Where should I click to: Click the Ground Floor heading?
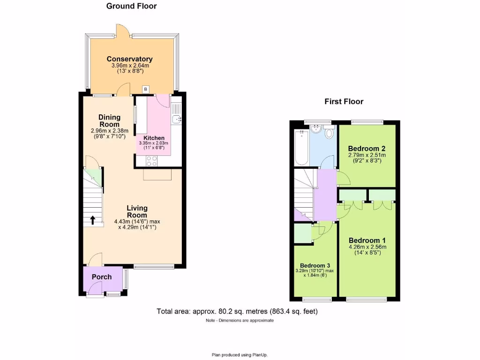click(x=131, y=6)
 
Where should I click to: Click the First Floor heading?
click(x=344, y=101)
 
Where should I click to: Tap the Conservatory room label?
click(x=129, y=59)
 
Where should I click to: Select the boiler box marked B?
click(x=145, y=89)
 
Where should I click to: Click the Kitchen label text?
click(x=154, y=138)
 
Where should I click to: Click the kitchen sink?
click(x=176, y=120)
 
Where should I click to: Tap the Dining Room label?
click(x=109, y=120)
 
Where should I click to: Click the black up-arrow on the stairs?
click(x=92, y=220)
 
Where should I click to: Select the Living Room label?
click(x=136, y=211)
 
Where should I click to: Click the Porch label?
click(x=102, y=277)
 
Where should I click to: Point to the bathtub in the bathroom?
click(x=300, y=148)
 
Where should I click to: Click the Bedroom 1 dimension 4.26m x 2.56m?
click(x=367, y=247)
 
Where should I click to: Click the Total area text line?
click(x=240, y=311)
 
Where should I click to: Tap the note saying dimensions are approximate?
click(x=240, y=321)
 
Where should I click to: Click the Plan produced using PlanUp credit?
click(x=240, y=355)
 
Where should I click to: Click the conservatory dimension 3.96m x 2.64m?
click(x=129, y=66)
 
